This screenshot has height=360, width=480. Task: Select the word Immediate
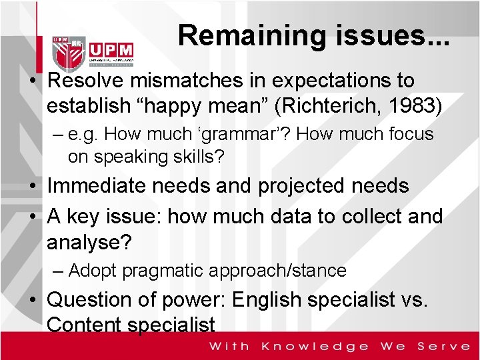(x=97, y=186)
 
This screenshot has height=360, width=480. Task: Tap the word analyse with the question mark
(x=89, y=241)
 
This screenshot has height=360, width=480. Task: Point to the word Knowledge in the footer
(x=315, y=346)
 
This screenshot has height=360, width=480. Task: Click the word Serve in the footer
(x=443, y=346)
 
